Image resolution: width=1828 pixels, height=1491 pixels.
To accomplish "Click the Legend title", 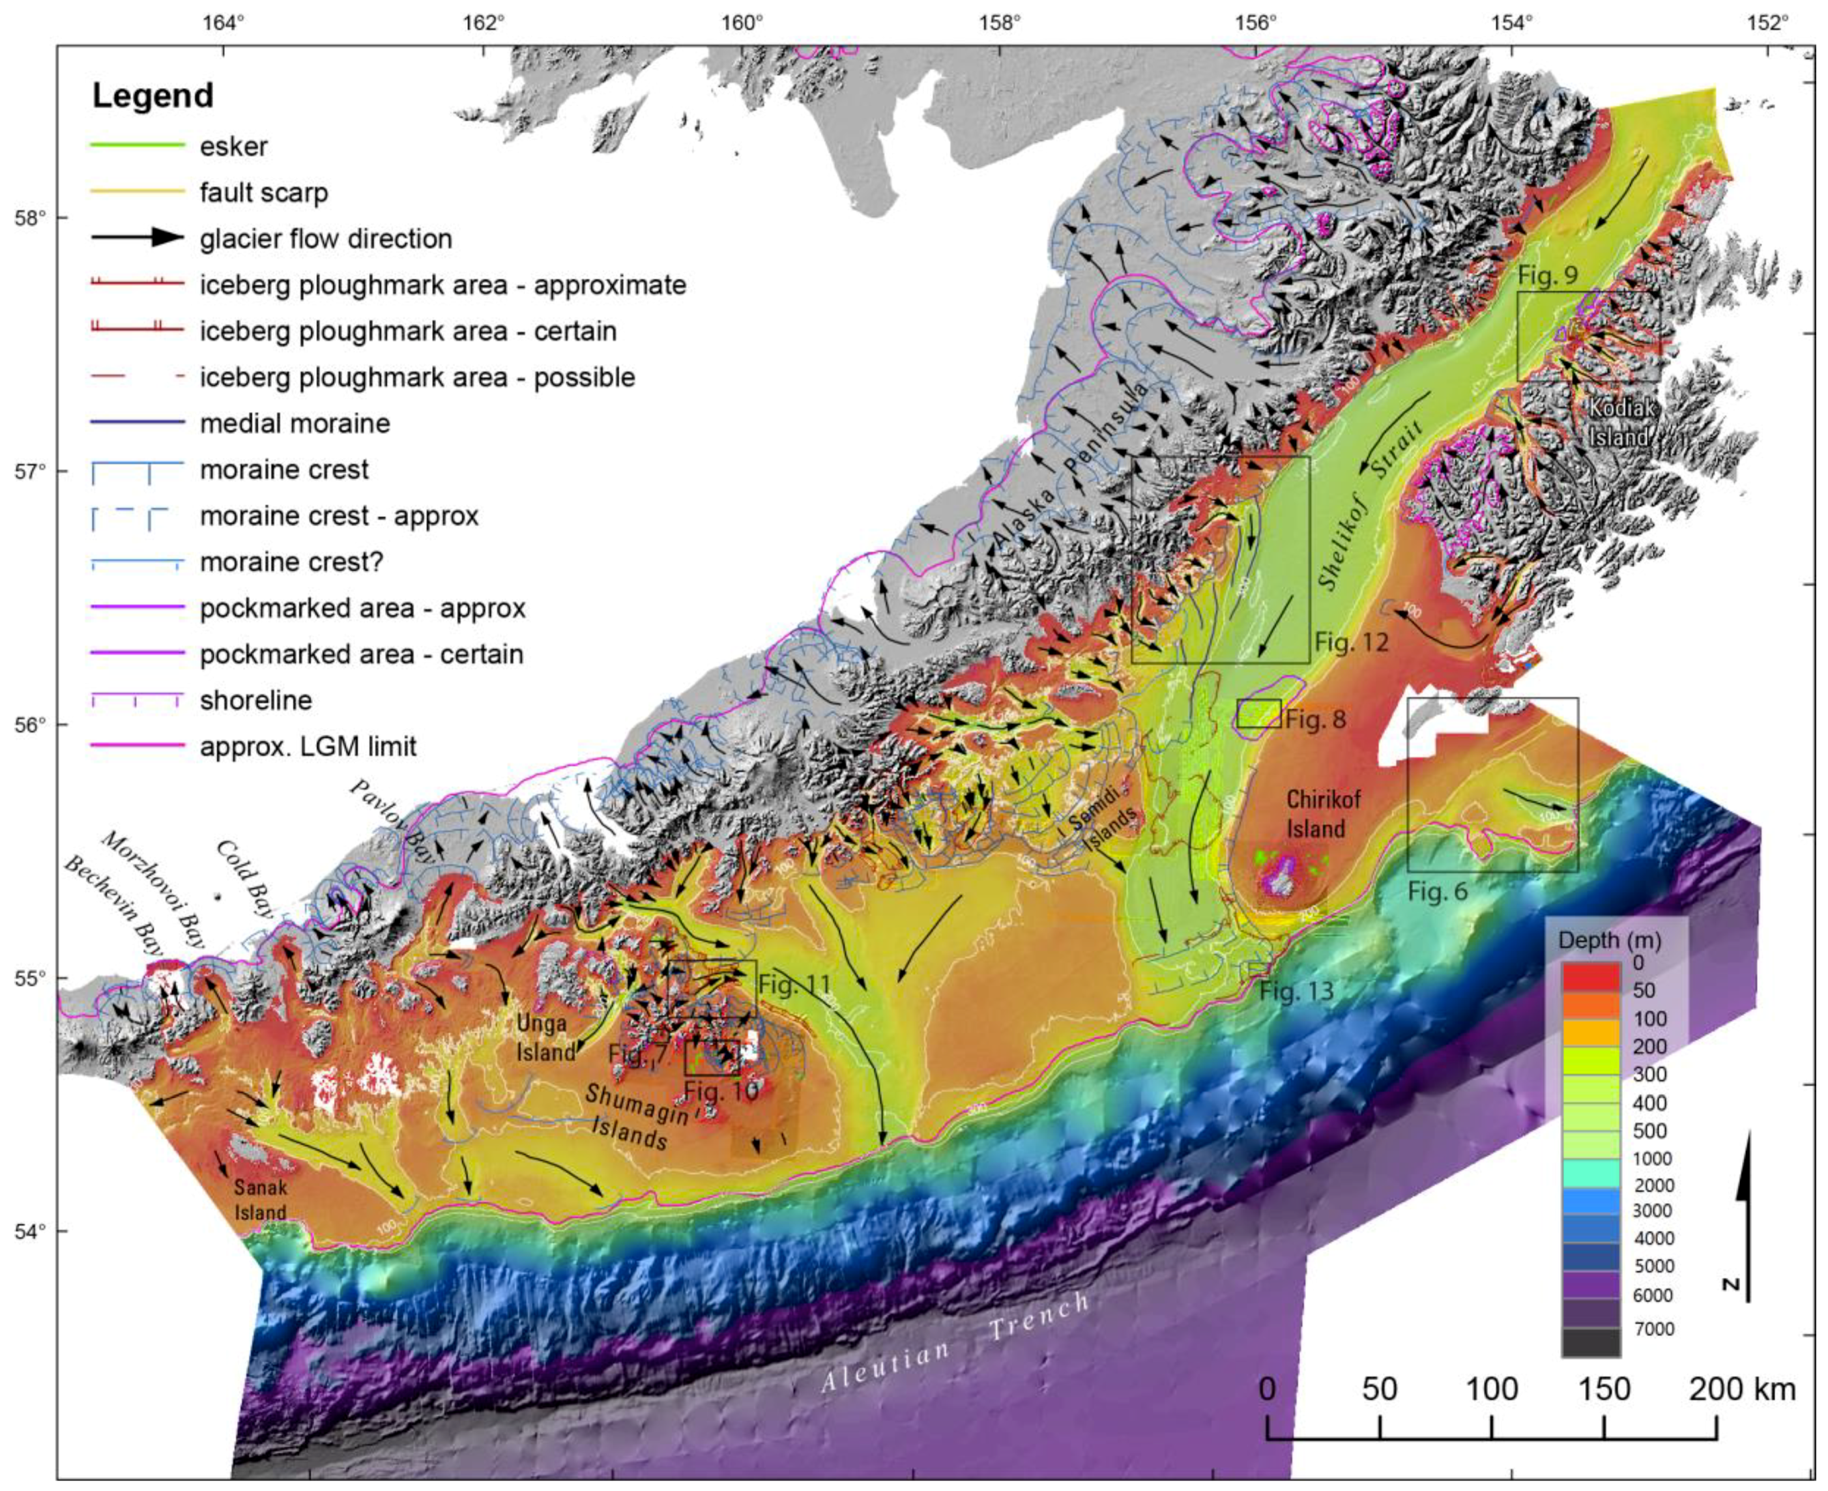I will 153,95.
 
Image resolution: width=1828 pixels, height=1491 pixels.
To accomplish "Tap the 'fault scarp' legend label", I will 264,192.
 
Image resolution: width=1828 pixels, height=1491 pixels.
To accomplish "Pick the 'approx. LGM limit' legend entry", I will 308,746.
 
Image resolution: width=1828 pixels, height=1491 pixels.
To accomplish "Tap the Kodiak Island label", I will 1620,422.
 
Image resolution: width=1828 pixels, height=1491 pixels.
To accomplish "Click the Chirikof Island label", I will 1323,813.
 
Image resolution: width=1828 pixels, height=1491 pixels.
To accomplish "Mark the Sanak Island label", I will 260,1200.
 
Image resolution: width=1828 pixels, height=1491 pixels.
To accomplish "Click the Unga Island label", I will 545,1037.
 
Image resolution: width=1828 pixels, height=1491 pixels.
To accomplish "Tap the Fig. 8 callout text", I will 1316,719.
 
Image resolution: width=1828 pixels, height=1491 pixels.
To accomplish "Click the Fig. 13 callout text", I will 1296,991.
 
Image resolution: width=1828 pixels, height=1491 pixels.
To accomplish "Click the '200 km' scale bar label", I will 1741,1389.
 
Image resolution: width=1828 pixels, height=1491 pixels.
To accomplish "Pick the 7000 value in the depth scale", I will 1653,1329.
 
